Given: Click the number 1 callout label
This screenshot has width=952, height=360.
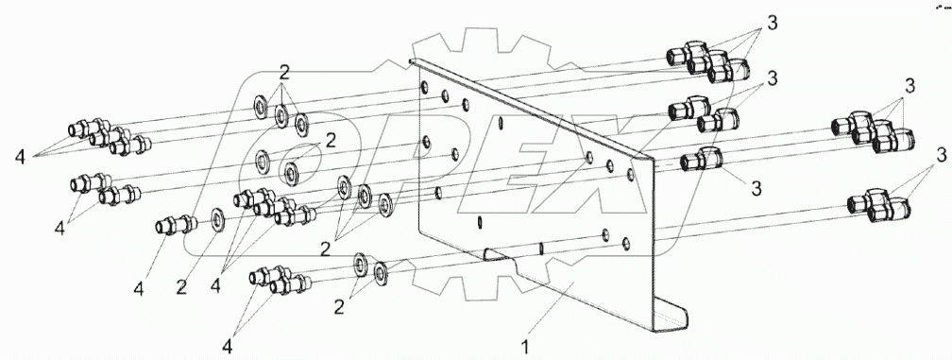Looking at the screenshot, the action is (526, 348).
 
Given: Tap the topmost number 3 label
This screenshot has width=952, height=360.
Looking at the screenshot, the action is (772, 23).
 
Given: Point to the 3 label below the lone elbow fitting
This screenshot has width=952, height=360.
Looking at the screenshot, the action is (756, 189).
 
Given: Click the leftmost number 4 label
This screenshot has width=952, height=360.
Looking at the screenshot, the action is (21, 157).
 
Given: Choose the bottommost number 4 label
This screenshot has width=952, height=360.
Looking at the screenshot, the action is (227, 348).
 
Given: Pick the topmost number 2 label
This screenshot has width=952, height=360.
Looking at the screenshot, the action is (284, 72).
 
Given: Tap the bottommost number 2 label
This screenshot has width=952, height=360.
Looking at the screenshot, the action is (339, 308).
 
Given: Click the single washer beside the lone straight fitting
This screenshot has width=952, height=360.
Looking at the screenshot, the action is (218, 220).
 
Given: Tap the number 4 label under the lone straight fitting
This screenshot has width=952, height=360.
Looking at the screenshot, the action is (139, 289).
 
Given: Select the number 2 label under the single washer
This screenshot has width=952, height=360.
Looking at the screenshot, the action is (181, 288).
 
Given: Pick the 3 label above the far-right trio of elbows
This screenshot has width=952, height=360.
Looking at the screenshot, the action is (909, 87).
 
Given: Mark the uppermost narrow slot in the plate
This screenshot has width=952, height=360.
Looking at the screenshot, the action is (500, 123).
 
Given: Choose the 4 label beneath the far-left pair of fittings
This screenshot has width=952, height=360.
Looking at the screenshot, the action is (59, 229).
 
